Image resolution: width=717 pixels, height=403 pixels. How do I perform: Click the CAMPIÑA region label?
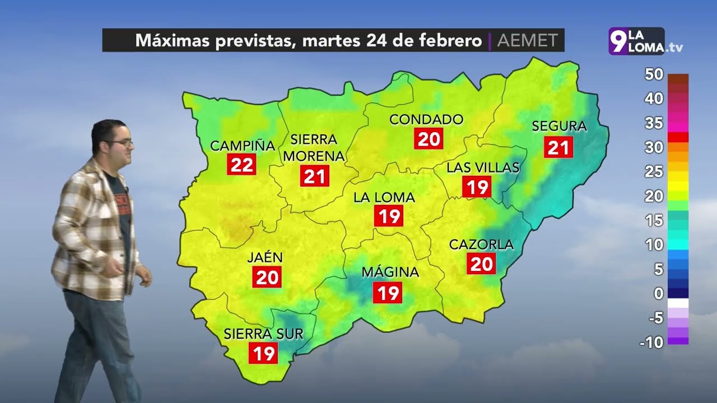point(243,146)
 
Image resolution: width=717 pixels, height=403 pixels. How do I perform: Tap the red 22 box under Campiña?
point(243,165)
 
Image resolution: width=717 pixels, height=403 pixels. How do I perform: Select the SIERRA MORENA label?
point(314,147)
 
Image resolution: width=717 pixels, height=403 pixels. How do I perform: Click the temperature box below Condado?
point(429,138)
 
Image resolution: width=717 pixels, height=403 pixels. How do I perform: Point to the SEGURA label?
point(559,126)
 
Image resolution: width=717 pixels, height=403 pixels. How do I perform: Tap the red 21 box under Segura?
point(558,148)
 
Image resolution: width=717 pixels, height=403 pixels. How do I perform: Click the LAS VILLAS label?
point(483,167)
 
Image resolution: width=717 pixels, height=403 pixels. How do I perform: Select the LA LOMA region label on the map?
point(384,198)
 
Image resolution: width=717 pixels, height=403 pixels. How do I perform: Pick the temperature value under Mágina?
point(389,293)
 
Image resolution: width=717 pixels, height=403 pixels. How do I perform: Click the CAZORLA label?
point(481,245)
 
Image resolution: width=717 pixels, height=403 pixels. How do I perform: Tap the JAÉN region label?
point(265,257)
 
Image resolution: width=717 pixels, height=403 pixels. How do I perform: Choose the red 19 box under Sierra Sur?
point(263,353)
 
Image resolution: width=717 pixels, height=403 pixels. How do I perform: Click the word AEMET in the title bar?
point(527,41)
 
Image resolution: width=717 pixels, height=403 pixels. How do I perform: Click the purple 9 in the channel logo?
point(617,42)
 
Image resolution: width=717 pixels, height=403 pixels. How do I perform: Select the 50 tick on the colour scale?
point(654,74)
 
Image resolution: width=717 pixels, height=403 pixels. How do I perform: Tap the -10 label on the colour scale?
point(651,342)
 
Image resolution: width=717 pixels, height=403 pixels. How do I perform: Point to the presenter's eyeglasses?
point(122,144)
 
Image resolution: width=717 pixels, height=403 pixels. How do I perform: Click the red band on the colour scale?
point(678,137)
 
